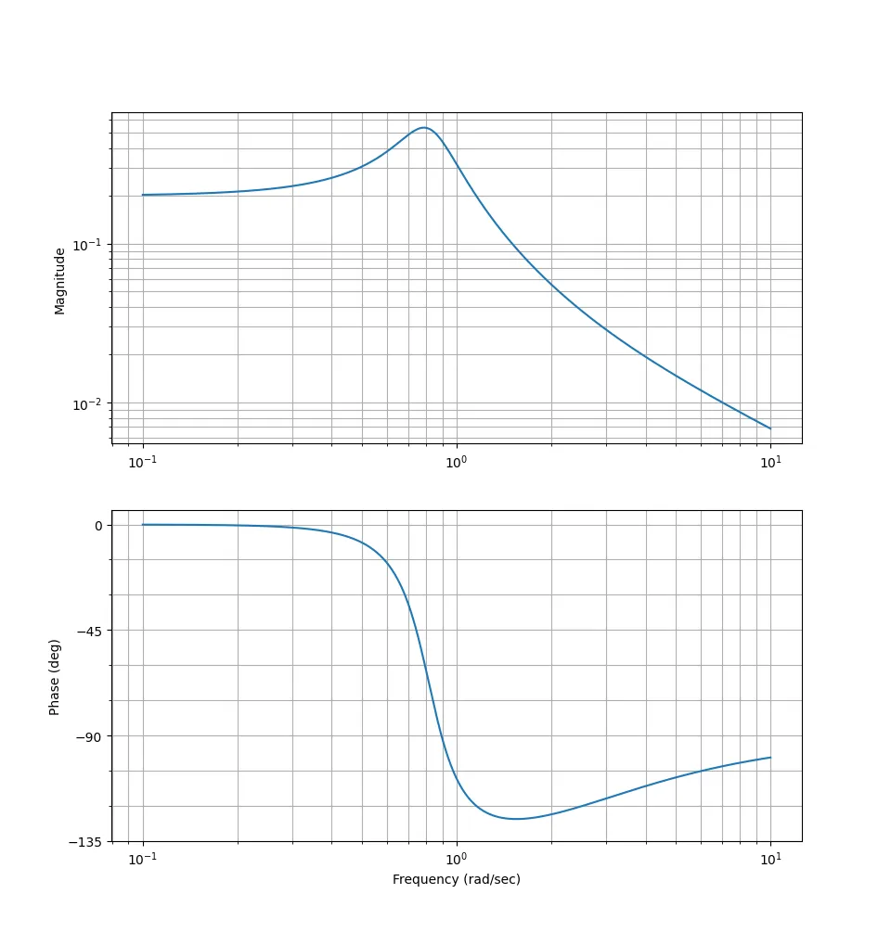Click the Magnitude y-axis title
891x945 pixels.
click(x=60, y=280)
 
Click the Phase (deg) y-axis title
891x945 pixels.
click(x=55, y=676)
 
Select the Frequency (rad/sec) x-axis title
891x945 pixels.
click(x=456, y=879)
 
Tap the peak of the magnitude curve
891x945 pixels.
click(x=424, y=127)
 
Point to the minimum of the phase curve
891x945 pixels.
click(x=516, y=819)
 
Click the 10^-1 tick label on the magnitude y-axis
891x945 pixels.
click(x=87, y=245)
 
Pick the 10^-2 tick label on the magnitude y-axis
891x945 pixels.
click(x=87, y=404)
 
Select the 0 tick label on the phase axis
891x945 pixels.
click(x=97, y=525)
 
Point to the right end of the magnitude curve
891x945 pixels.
click(x=770, y=428)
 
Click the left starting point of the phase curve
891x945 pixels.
click(x=142, y=525)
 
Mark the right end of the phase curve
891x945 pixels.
click(x=770, y=758)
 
